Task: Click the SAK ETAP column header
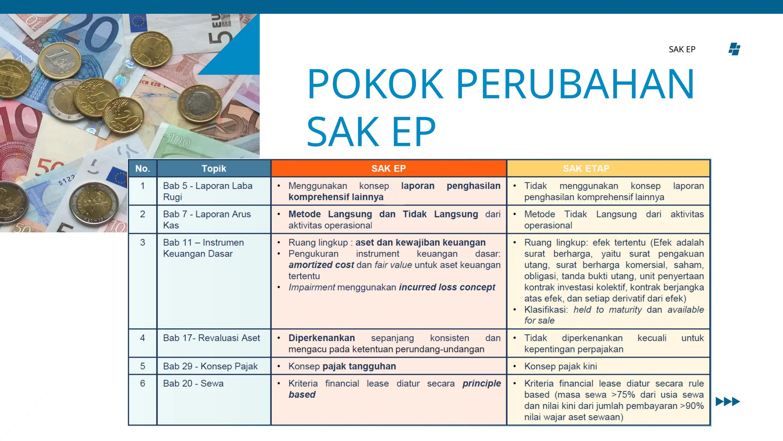pyautogui.click(x=586, y=168)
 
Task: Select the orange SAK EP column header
pyautogui.click(x=388, y=168)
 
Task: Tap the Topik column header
pyautogui.click(x=214, y=168)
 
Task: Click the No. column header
pyautogui.click(x=143, y=168)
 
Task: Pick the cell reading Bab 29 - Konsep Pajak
pyautogui.click(x=210, y=366)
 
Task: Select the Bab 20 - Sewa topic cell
pyautogui.click(x=193, y=384)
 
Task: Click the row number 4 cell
pyautogui.click(x=143, y=338)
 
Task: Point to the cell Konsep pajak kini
pyautogui.click(x=560, y=366)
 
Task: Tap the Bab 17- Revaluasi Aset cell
pyautogui.click(x=211, y=338)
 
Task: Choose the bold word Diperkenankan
pyautogui.click(x=322, y=338)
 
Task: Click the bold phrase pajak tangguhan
pyautogui.click(x=359, y=366)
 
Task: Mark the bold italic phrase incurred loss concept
pyautogui.click(x=447, y=287)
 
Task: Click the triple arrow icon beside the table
pyautogui.click(x=728, y=402)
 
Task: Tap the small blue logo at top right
pyautogui.click(x=734, y=49)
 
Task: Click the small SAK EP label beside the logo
pyautogui.click(x=682, y=49)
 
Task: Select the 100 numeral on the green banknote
pyautogui.click(x=180, y=142)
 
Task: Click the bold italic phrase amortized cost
pyautogui.click(x=321, y=265)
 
